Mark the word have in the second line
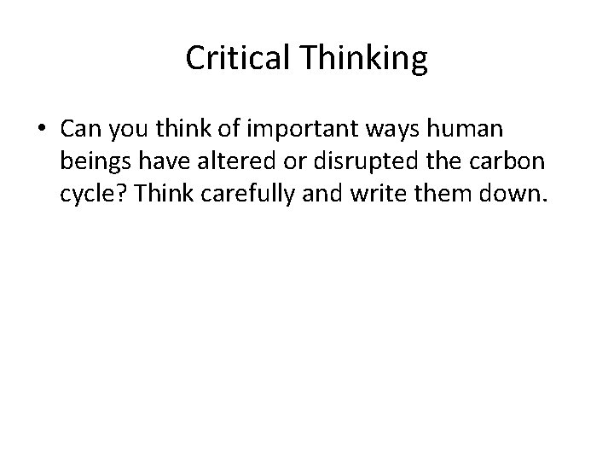pyautogui.click(x=159, y=162)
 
